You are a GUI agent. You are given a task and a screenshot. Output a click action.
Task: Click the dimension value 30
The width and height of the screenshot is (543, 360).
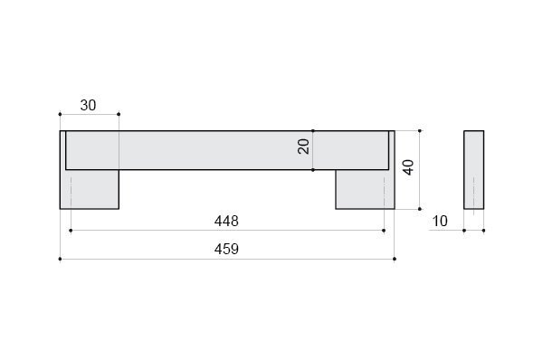tap(88, 105)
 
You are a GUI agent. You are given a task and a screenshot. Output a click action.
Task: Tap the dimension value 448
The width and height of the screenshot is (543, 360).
tap(226, 221)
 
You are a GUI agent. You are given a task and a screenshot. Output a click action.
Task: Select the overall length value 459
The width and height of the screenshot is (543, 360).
tap(226, 250)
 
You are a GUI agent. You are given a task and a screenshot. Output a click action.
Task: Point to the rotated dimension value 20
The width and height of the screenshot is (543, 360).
tap(303, 146)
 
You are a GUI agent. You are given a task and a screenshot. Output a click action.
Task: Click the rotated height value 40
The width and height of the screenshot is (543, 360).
tap(409, 167)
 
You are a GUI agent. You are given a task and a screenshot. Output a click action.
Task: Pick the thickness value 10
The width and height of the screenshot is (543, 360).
tap(440, 222)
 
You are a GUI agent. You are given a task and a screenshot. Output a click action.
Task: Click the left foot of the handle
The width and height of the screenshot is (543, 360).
tap(90, 189)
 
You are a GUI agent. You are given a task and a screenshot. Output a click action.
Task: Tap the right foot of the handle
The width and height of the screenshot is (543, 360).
tap(366, 189)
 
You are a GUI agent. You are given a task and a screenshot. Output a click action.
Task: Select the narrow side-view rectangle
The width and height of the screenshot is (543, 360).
tap(473, 170)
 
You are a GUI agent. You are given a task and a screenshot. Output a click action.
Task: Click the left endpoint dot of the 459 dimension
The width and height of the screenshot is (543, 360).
tap(60, 259)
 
